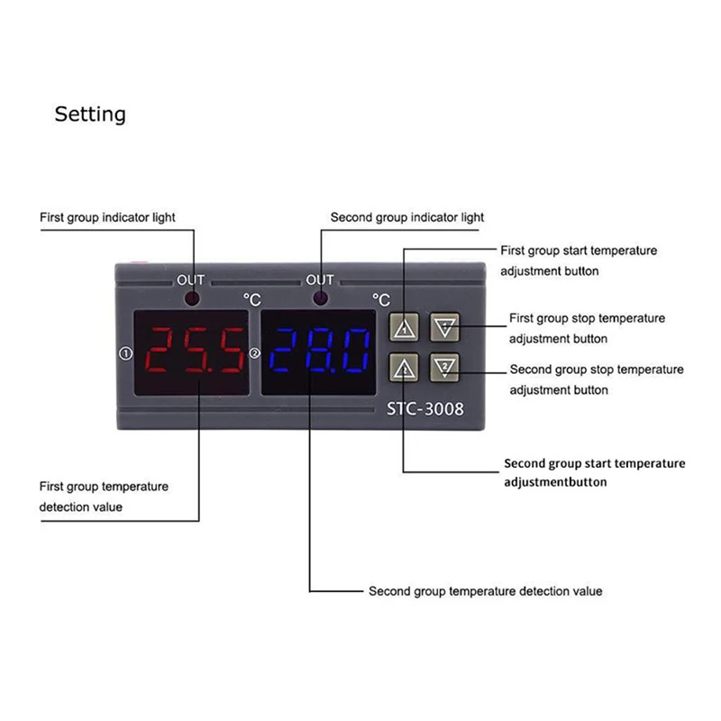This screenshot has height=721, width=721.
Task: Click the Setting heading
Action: [90, 114]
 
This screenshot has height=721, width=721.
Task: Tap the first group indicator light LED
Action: [193, 299]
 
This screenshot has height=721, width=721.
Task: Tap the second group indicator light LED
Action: [320, 299]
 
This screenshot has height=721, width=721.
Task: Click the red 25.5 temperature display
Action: [193, 351]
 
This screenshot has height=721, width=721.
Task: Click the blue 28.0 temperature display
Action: [320, 351]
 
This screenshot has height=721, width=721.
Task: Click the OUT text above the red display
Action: [191, 279]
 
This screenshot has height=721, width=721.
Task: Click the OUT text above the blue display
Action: [320, 279]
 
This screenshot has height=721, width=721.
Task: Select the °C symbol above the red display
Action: [251, 298]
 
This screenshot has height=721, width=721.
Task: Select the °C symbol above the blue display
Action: [381, 298]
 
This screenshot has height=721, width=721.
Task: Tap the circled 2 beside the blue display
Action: [254, 354]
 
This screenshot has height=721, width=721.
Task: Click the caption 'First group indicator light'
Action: [107, 217]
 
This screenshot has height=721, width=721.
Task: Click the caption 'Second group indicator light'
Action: [407, 217]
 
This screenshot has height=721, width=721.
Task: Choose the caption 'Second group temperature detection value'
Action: [486, 591]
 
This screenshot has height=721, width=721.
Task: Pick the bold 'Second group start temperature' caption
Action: [595, 463]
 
